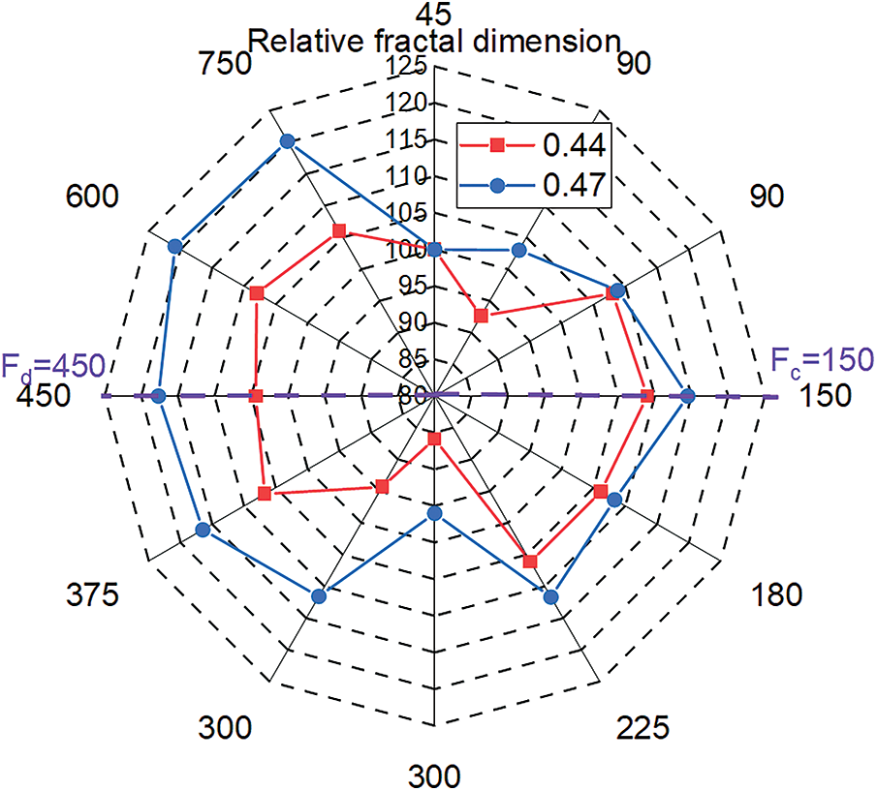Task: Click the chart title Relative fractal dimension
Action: (x=435, y=42)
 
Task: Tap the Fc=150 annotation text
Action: (x=822, y=359)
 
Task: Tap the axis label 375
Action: (x=93, y=593)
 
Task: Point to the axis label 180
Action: (x=775, y=593)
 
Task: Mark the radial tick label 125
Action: (x=413, y=67)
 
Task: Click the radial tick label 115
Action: (x=413, y=140)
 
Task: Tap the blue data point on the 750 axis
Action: (x=287, y=142)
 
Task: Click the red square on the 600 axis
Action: (x=257, y=293)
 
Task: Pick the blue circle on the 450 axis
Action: (x=160, y=396)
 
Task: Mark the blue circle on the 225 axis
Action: (x=552, y=597)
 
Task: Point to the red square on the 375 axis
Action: (x=265, y=495)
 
